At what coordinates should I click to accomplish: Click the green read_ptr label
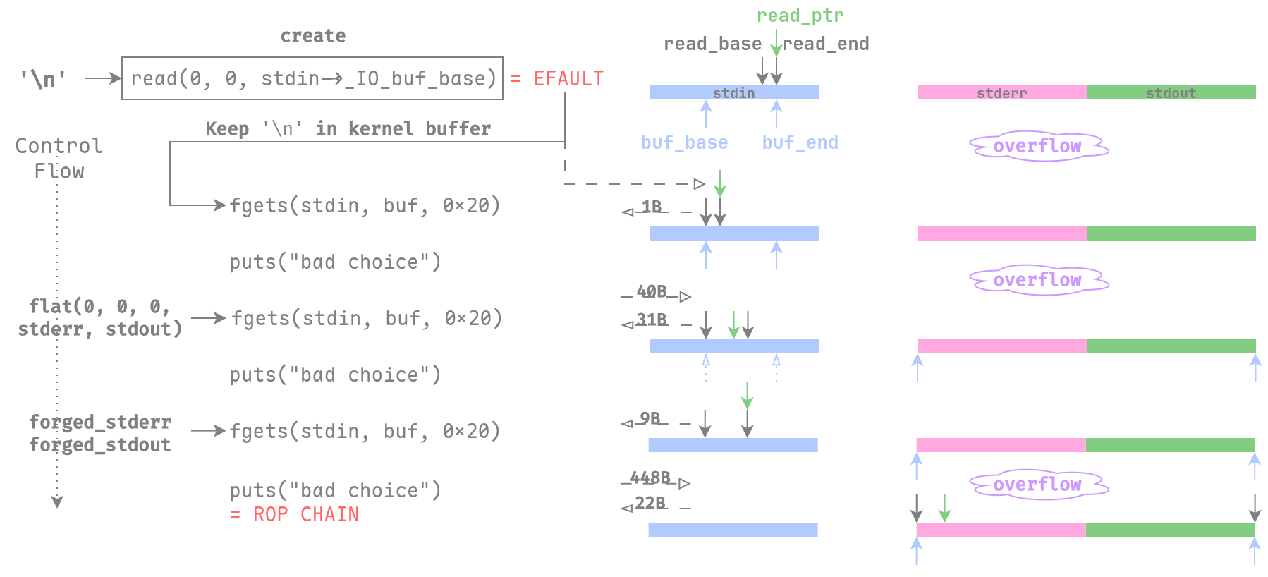(800, 16)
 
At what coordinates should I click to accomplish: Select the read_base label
(712, 44)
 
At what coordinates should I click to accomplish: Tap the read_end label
(827, 44)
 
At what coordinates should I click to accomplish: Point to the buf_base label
(684, 142)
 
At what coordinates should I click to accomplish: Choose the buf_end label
(800, 142)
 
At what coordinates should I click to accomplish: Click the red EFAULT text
(568, 78)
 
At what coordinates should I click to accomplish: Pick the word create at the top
(313, 36)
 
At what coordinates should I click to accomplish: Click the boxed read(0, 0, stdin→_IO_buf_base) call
(312, 78)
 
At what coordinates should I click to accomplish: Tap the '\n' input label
(43, 79)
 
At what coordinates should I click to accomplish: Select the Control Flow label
(59, 158)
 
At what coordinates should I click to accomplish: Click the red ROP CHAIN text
(306, 514)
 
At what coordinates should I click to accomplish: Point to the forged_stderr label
(100, 422)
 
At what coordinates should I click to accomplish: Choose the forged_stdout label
(100, 444)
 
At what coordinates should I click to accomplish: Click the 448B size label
(650, 478)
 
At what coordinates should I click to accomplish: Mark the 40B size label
(652, 291)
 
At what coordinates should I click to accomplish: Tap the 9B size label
(650, 418)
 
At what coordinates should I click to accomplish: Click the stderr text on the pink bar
(1001, 93)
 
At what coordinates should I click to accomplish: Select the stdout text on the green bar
(1171, 93)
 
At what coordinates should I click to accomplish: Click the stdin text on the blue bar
(733, 93)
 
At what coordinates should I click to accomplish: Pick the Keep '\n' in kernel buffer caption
(348, 128)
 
